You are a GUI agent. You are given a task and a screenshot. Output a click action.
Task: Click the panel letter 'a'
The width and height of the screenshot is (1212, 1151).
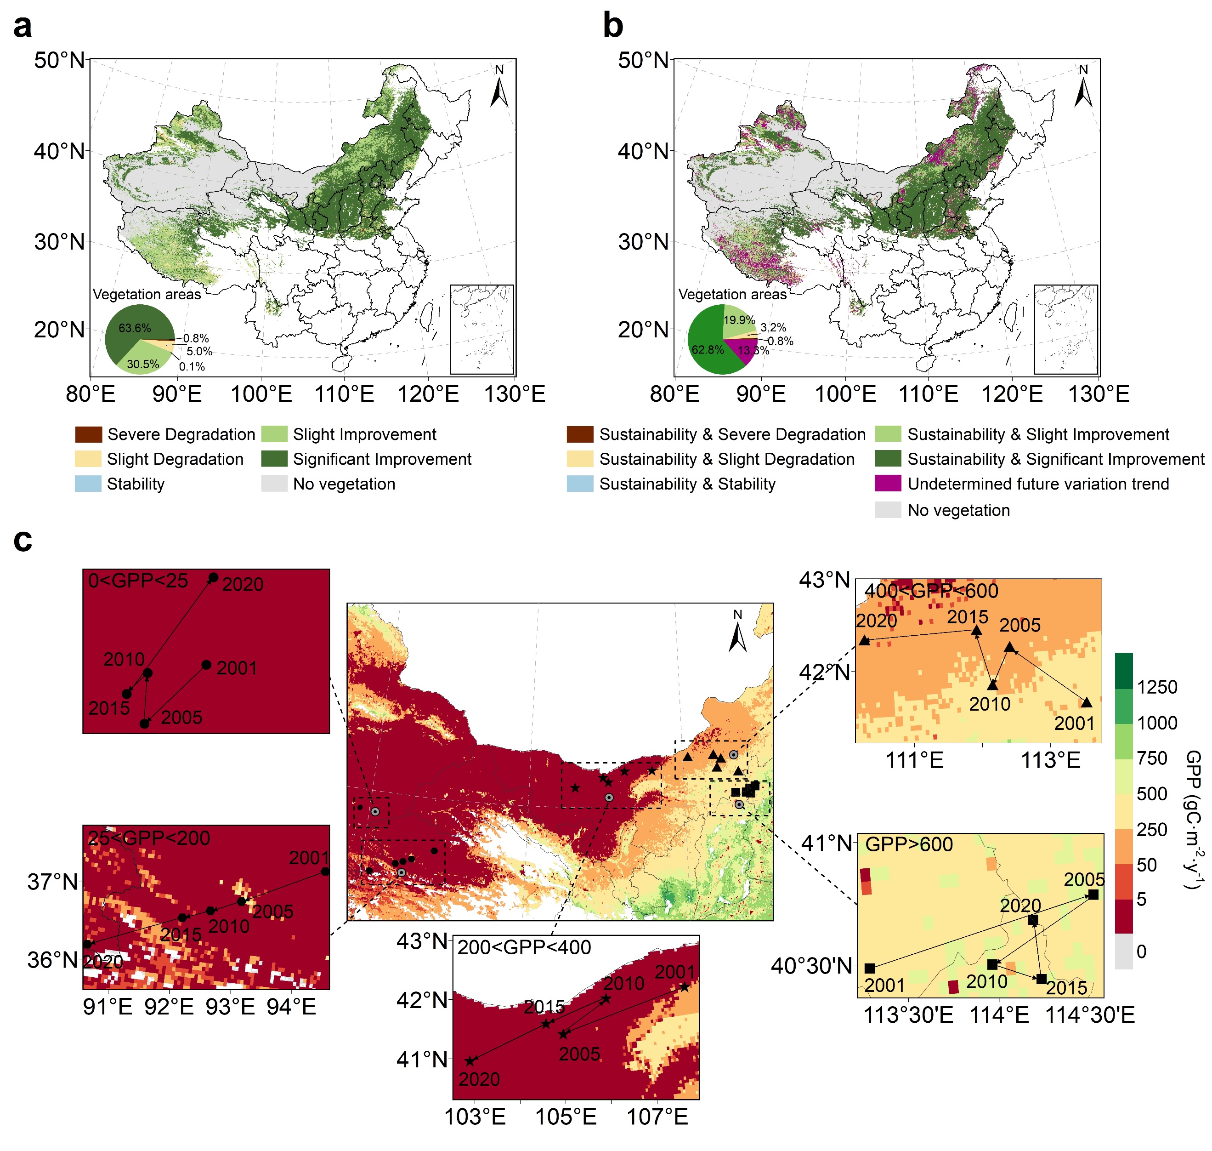[23, 28]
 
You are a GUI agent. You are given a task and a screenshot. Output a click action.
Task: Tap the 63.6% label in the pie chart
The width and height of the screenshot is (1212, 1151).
[134, 328]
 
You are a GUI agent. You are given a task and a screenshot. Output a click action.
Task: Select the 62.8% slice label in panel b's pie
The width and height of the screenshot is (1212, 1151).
[707, 350]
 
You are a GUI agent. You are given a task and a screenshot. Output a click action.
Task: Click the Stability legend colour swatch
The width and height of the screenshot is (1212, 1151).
[88, 484]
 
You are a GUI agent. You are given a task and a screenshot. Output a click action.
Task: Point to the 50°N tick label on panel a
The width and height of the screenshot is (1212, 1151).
[59, 61]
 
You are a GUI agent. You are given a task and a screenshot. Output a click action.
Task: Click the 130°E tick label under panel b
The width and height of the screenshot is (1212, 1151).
[1099, 394]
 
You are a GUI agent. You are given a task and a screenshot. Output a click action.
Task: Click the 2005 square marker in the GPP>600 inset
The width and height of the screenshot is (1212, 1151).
[1093, 895]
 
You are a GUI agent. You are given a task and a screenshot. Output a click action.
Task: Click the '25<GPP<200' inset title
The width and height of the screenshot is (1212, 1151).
[149, 838]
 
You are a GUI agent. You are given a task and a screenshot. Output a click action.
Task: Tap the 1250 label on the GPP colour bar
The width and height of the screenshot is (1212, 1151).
[1157, 687]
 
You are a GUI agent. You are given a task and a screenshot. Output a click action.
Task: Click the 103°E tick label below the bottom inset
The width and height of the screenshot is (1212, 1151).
[475, 1117]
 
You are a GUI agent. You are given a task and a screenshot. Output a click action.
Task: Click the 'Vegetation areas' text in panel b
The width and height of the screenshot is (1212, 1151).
[732, 295]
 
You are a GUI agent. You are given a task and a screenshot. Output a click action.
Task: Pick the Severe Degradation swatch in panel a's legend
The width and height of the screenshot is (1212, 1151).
[88, 434]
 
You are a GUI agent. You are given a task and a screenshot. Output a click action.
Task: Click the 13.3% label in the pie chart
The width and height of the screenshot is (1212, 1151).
[753, 350]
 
